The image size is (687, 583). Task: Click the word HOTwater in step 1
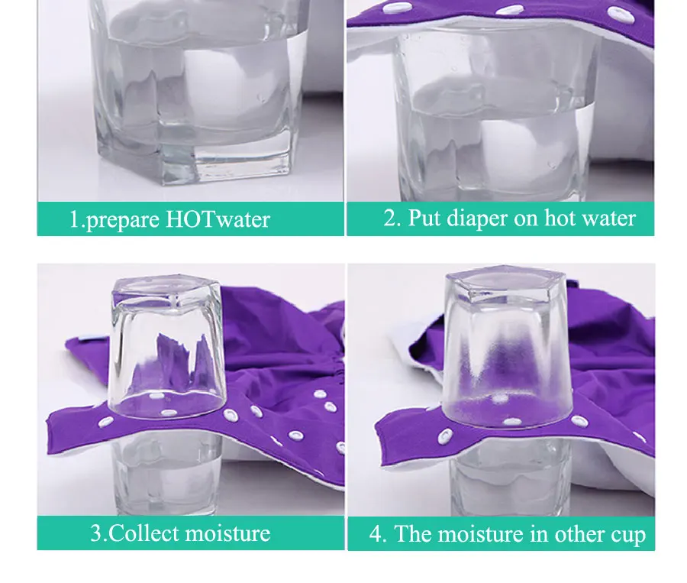click(x=218, y=219)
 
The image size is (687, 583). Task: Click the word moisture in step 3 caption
click(x=227, y=533)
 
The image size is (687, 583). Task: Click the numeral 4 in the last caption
click(x=376, y=534)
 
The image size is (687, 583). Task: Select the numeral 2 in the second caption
click(x=389, y=218)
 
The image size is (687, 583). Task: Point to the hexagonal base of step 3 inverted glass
click(x=167, y=289)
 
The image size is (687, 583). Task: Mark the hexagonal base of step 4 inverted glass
click(x=505, y=281)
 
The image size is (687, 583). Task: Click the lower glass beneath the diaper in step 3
click(x=166, y=474)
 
